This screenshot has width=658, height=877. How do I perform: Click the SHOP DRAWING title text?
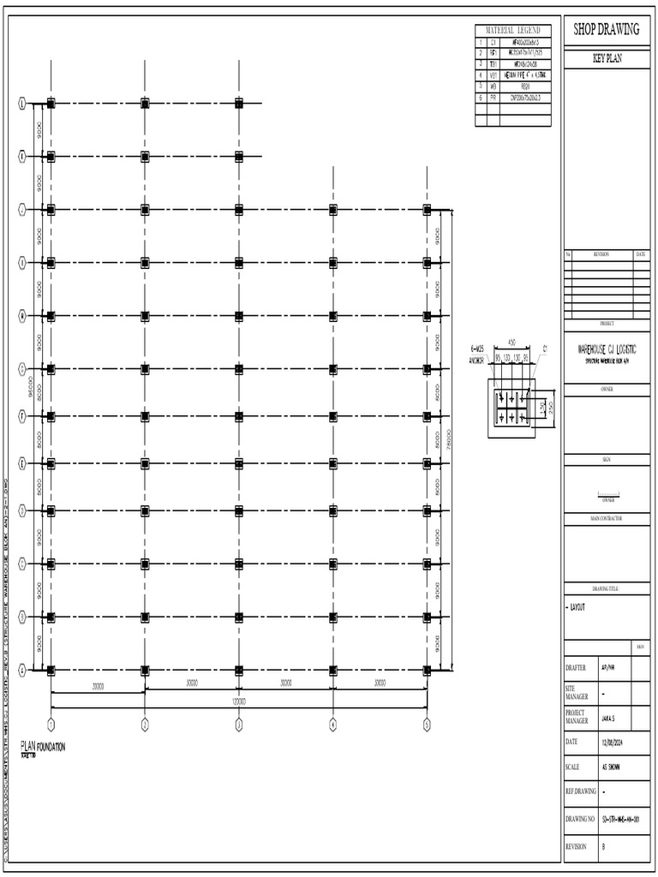pos(606,30)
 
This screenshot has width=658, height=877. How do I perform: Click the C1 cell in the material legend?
pos(493,41)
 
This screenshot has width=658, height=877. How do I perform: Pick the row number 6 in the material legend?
pos(481,98)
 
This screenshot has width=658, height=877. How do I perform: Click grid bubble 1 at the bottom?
pos(51,724)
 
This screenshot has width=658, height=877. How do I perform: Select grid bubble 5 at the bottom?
pos(426,724)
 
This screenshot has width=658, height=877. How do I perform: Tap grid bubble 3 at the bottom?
pos(239,724)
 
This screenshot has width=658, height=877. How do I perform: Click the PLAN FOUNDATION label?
pos(43,747)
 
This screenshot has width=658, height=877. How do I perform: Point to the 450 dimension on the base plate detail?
pos(511,341)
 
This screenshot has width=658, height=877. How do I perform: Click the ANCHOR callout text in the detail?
pos(476,360)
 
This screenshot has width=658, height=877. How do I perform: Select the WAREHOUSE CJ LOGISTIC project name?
pos(606,350)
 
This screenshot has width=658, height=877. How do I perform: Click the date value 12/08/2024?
pos(615,741)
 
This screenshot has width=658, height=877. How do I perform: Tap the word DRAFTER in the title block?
pos(575,668)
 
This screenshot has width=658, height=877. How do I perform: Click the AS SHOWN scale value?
pos(613,767)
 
